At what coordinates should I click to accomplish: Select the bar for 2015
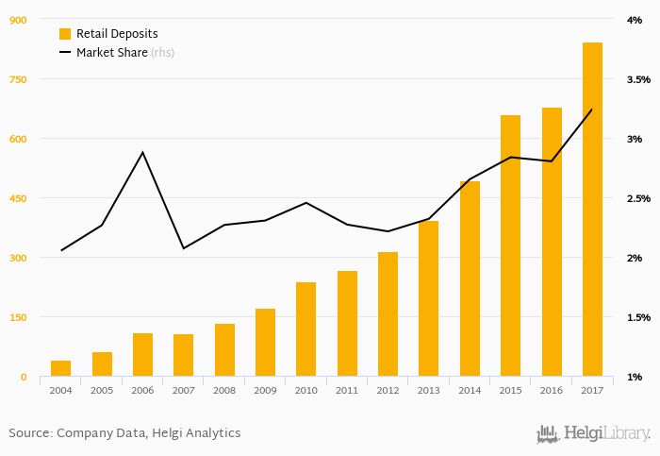[510, 245]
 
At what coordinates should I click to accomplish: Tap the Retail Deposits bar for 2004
[61, 368]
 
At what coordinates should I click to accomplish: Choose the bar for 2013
[428, 298]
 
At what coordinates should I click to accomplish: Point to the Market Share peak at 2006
[142, 152]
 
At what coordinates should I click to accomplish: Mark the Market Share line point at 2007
[183, 248]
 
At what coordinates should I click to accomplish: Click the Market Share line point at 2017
[592, 110]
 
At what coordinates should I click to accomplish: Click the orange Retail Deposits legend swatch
[65, 33]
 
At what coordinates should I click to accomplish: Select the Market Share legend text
[111, 53]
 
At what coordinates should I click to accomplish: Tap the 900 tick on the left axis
[18, 20]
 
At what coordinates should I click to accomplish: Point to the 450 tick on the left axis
[18, 198]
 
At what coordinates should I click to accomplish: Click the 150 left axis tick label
[18, 317]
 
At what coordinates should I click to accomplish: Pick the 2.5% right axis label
[637, 198]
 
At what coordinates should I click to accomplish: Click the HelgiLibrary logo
[593, 434]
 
